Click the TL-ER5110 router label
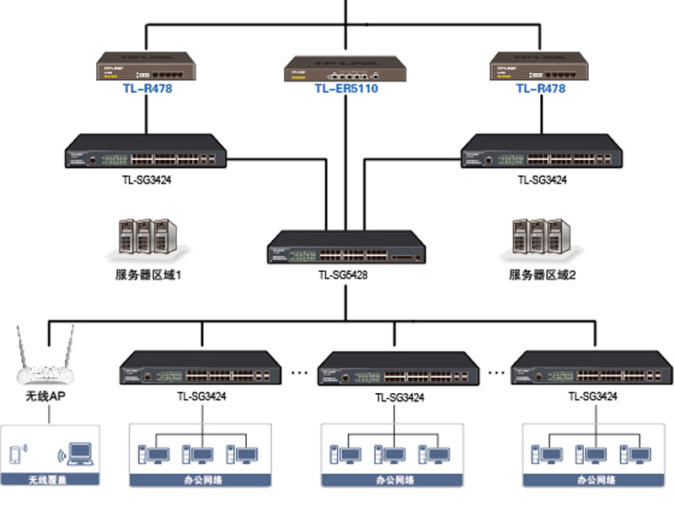pos(346,88)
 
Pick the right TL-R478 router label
pos(540,88)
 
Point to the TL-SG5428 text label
pos(343,274)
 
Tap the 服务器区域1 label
pos(148,275)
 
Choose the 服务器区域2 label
pos(543,275)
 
